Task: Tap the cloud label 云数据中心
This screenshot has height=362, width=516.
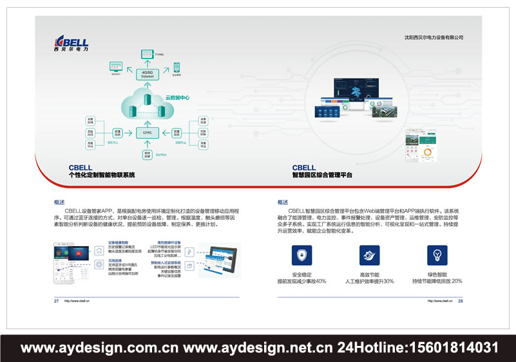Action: point(177,98)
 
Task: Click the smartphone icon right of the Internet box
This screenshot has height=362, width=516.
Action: point(176,66)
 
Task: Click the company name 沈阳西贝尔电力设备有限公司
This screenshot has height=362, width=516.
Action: point(430,38)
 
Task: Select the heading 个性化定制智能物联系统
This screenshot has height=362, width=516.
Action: point(102,175)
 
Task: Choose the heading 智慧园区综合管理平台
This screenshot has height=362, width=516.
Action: point(322,175)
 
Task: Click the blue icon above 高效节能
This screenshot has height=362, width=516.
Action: point(369,256)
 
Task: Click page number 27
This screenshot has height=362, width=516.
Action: point(57,300)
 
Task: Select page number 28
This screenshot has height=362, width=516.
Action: point(461,300)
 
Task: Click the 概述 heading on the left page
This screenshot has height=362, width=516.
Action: point(60,202)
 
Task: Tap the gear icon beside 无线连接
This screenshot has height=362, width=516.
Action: point(99,264)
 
